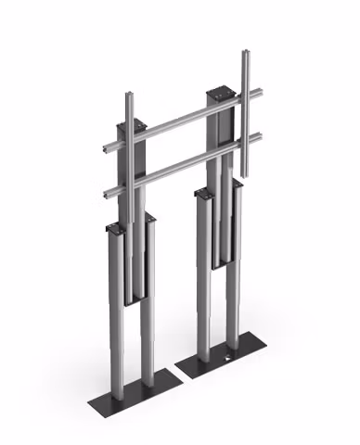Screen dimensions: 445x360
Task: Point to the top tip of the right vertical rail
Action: coord(246,52)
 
